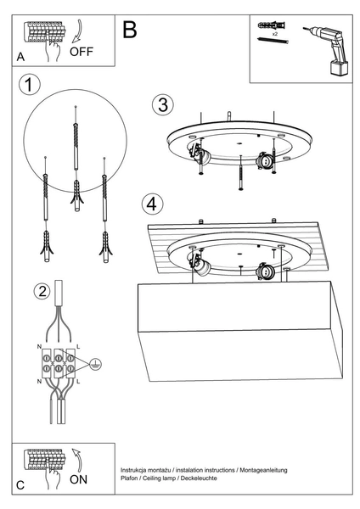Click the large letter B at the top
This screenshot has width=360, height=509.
[129, 30]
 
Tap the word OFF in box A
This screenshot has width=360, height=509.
[82, 51]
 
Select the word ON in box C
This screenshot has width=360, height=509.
[78, 478]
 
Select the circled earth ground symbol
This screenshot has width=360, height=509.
[96, 364]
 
